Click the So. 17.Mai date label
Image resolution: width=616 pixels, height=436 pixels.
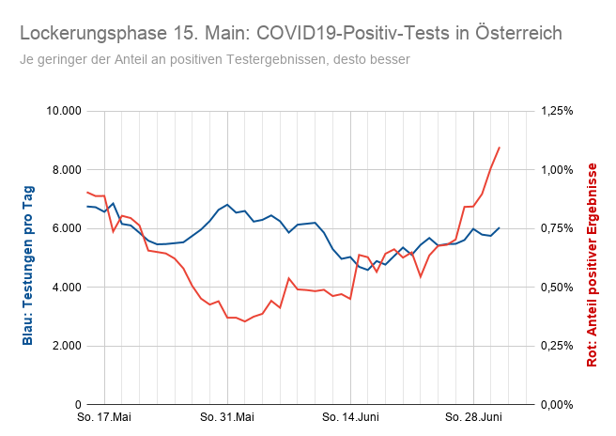point(103,416)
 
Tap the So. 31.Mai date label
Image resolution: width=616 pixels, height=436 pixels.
point(226,416)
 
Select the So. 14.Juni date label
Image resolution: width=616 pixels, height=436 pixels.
point(349,416)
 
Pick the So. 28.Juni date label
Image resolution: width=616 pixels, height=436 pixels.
point(472,416)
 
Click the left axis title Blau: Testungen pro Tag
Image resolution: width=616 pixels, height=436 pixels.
point(28,257)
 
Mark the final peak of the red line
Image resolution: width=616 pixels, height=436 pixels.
point(499,148)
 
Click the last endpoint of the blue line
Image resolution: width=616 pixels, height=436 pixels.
point(499,227)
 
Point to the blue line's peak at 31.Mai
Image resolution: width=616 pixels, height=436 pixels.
point(227,204)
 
